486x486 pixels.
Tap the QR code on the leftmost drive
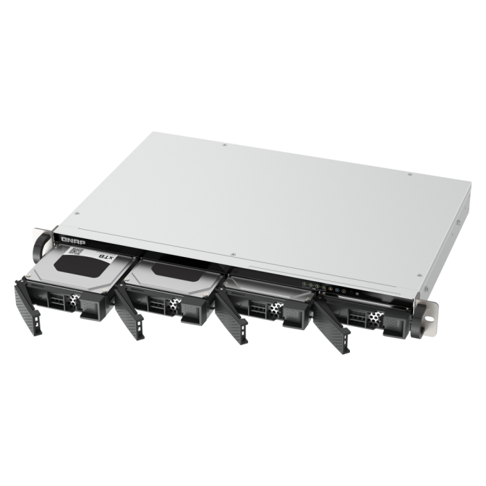click(x=78, y=253)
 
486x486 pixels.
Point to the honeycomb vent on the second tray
click(x=172, y=305)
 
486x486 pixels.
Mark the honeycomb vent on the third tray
click(x=274, y=311)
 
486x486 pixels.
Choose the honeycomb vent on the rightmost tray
click(x=375, y=317)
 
